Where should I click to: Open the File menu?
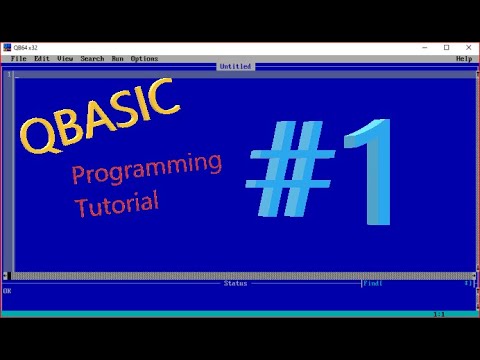point(18,59)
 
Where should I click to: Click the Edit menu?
point(42,59)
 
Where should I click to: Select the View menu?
point(66,59)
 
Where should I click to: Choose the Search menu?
point(92,59)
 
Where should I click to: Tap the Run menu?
point(118,59)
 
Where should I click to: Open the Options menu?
point(144,59)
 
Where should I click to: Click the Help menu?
point(463,59)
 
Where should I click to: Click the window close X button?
point(466,47)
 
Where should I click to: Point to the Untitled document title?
point(236,67)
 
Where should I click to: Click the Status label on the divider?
point(235,283)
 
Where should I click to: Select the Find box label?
point(372,283)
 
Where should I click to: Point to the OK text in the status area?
point(7,291)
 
